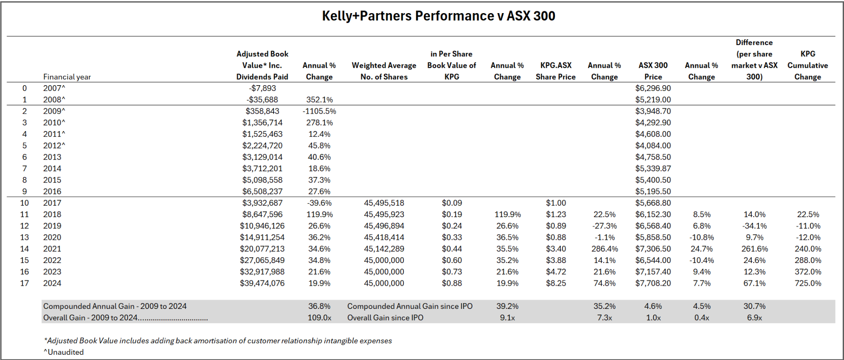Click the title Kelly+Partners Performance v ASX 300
(438, 16)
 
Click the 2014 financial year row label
(52, 169)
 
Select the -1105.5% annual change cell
(319, 111)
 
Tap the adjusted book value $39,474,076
(262, 283)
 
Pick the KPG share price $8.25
(556, 283)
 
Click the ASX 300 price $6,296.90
(653, 88)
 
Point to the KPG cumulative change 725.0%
(807, 283)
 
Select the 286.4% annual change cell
(604, 249)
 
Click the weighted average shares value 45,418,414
(384, 237)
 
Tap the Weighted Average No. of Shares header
(384, 71)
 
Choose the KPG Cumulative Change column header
(807, 66)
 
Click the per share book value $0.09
(452, 203)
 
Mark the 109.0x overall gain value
(319, 318)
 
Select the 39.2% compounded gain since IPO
(507, 306)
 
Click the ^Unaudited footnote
(64, 352)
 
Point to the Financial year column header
(67, 77)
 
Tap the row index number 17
(24, 283)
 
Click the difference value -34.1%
(754, 226)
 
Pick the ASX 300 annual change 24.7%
(701, 249)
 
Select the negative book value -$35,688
(262, 100)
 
